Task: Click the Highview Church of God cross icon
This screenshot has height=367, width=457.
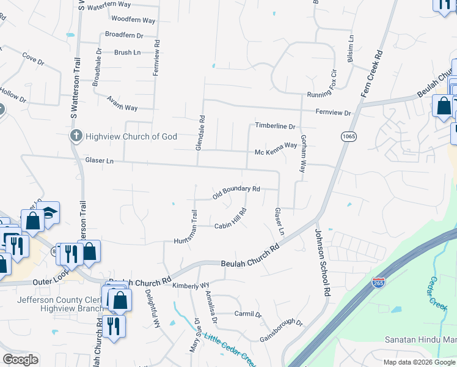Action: [x=76, y=136]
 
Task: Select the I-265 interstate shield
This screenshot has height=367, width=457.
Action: [x=378, y=283]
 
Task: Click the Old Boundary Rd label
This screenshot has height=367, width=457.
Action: [x=236, y=192]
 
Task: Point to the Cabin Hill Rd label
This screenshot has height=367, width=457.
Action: [x=230, y=220]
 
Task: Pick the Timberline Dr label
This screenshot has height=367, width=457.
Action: [x=275, y=126]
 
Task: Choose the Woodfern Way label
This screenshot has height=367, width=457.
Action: [x=133, y=21]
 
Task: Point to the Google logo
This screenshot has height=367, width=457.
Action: [x=20, y=360]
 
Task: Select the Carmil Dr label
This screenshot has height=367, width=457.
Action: [x=248, y=314]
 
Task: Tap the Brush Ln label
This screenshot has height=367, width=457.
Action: [x=127, y=53]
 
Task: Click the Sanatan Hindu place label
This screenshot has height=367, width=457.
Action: [x=420, y=339]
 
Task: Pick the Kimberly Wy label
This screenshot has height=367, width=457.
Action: [x=191, y=286]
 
